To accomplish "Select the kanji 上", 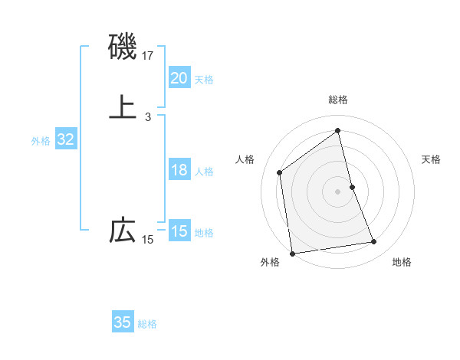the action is [123, 106].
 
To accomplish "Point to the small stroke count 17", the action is [148, 56].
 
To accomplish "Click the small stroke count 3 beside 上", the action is [147, 116].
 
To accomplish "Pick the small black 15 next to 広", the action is [147, 240].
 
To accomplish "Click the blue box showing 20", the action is [179, 77].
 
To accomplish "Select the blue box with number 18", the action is [179, 170].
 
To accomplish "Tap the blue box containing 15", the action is [179, 231].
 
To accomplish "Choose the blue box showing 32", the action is [65, 139].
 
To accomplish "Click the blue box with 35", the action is [122, 322].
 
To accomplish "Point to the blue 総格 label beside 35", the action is [147, 324].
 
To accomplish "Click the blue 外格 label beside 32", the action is [41, 141].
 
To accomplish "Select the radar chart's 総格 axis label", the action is [338, 100].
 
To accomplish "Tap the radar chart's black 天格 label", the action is [431, 159].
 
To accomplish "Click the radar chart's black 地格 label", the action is [401, 263].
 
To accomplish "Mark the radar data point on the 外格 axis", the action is [291, 253].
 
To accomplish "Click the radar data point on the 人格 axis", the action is [280, 172].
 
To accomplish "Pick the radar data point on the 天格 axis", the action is [352, 187].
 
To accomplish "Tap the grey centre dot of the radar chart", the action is [338, 191].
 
